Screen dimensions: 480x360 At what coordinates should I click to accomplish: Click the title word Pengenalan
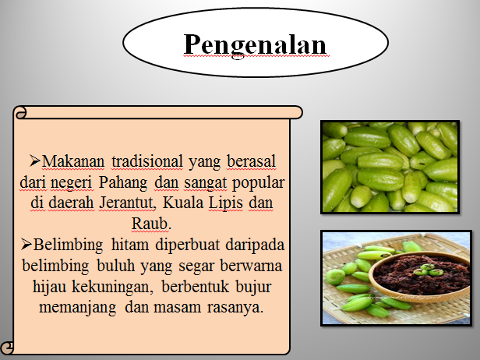point(255,45)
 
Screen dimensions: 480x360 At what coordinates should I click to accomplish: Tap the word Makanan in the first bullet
point(73,161)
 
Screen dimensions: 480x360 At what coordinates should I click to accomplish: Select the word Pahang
point(123,183)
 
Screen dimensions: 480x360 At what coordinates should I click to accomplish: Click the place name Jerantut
point(127,203)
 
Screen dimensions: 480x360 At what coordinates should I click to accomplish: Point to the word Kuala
point(183,203)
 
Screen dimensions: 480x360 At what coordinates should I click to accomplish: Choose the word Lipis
point(226,203)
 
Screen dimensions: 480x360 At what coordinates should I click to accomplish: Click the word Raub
point(150,223)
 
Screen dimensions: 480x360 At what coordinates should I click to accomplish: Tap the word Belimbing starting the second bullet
point(68,245)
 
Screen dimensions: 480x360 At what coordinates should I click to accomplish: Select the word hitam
point(130,245)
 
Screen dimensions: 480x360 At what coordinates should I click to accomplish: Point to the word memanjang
point(78,308)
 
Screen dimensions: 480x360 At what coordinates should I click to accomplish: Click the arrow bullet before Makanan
point(35,161)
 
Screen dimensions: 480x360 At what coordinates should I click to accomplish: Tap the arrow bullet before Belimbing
point(26,245)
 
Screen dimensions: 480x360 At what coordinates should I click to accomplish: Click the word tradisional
point(147,161)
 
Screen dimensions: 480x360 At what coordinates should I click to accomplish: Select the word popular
point(259,183)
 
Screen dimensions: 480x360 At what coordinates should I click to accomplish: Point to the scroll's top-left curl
point(20,112)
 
